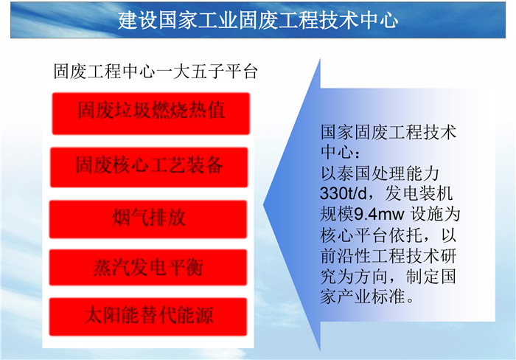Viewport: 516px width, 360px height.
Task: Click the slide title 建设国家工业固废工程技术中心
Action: pos(258,21)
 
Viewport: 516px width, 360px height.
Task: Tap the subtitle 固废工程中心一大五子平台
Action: pos(156,71)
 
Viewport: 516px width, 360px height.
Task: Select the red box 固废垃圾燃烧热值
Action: pos(150,114)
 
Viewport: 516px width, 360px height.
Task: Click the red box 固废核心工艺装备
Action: pos(149,167)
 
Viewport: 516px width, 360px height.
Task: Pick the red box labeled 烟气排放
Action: pos(148,219)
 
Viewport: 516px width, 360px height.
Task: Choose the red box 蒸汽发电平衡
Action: pos(148,267)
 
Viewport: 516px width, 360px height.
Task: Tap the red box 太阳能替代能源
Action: pos(148,317)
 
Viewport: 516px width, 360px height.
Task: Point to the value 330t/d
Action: pos(344,194)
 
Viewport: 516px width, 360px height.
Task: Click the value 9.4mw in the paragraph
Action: pos(379,215)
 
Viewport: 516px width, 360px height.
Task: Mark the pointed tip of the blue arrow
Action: pos(263,205)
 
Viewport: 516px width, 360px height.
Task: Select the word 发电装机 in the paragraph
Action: pos(419,194)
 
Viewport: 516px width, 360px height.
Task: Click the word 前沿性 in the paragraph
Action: pos(346,255)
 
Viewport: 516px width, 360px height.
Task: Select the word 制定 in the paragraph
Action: pos(422,276)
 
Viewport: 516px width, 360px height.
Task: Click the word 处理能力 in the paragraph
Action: pos(405,173)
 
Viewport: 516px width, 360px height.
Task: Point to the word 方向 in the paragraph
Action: pos(372,276)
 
